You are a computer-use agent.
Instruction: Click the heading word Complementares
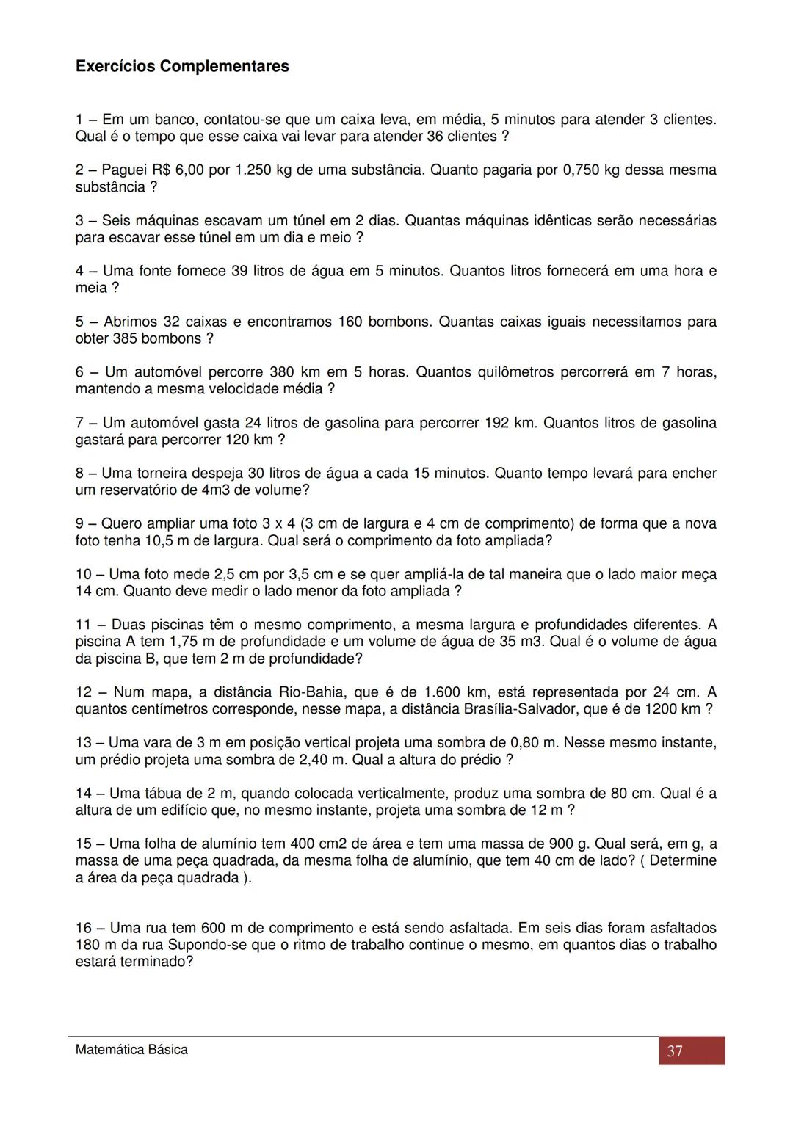tap(224, 67)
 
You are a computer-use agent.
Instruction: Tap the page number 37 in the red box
tap(675, 1051)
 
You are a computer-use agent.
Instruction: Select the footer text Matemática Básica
tap(131, 1050)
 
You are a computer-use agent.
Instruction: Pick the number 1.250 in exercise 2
tap(253, 170)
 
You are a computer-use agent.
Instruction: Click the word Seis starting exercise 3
tap(117, 221)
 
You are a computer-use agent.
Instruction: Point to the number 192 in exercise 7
tap(497, 423)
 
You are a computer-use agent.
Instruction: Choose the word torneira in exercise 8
tap(164, 474)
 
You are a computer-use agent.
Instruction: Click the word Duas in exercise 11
tap(128, 625)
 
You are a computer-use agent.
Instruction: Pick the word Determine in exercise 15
tap(683, 860)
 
